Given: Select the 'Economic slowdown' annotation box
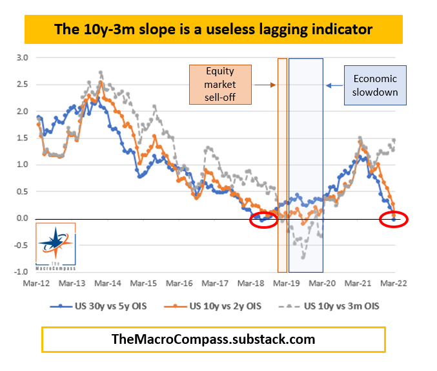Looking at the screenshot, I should pos(375,84).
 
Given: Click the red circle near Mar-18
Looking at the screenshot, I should pos(263,220).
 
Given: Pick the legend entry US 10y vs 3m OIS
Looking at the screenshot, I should pos(334,305).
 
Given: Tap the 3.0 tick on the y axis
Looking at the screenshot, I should pos(23,58).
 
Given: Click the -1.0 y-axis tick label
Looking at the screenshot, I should pos(21,272).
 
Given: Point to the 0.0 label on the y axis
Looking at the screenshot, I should pos(23,218).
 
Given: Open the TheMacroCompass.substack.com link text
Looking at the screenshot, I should pos(214,339).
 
